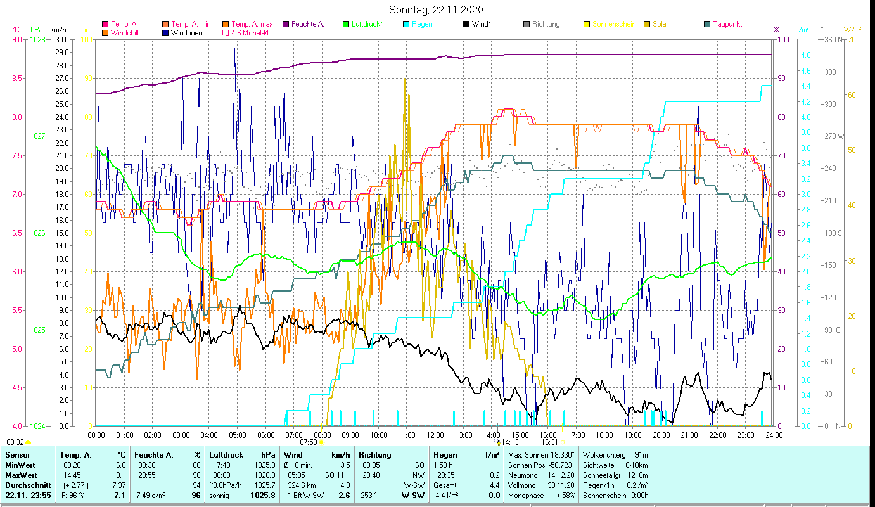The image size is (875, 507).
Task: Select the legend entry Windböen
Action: click(x=186, y=33)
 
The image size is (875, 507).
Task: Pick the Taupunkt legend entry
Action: click(x=727, y=24)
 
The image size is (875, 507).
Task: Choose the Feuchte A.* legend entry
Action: click(x=309, y=24)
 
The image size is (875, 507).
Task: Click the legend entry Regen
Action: click(x=422, y=24)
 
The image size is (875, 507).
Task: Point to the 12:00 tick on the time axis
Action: click(x=435, y=435)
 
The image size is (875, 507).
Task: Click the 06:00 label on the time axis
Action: click(x=265, y=435)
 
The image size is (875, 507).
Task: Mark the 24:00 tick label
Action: click(x=774, y=435)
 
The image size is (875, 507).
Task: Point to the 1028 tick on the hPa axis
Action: click(x=37, y=39)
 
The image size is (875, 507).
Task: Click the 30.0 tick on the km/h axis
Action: click(x=62, y=39)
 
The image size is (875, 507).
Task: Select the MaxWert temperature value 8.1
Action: click(x=119, y=475)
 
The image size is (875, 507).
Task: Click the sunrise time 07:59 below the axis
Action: click(x=308, y=442)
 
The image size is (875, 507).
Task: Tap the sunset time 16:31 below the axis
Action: click(x=549, y=442)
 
